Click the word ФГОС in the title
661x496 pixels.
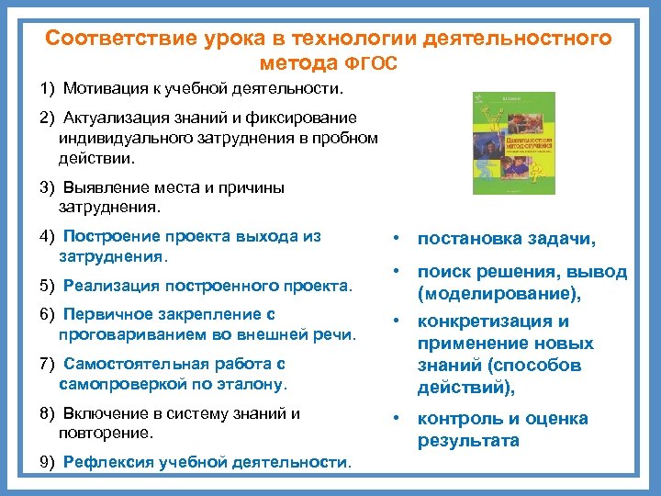pyautogui.click(x=373, y=64)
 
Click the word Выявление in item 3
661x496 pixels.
pyautogui.click(x=103, y=188)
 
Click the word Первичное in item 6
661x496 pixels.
pyautogui.click(x=100, y=314)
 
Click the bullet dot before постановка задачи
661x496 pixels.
pyautogui.click(x=394, y=239)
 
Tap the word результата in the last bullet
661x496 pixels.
pyautogui.click(x=468, y=441)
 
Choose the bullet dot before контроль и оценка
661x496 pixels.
pyautogui.click(x=394, y=419)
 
